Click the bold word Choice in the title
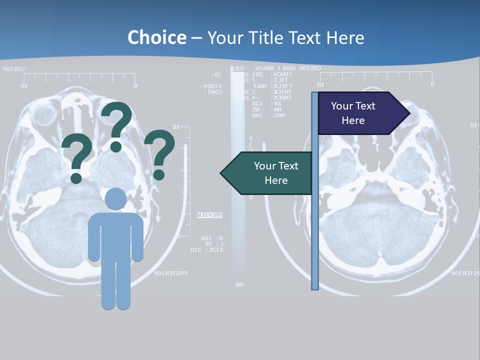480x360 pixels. pos(156,37)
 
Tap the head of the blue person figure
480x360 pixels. pos(116,198)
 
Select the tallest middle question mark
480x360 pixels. pos(116,125)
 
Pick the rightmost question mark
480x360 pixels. pos(159,153)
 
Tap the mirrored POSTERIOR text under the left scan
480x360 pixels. pos(170,273)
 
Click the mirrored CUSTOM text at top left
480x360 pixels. pos(13,69)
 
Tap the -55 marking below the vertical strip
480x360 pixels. pos(238,285)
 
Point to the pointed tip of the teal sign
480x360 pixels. pos(221,173)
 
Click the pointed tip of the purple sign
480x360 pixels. pos(409,113)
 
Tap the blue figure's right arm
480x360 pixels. pos(137,237)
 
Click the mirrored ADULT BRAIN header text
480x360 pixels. pos(272,68)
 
